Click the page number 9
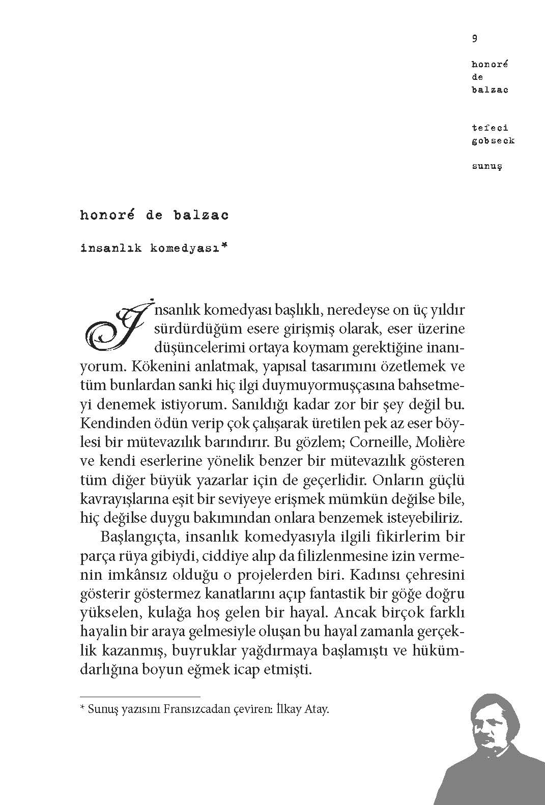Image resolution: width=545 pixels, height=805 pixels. point(474,38)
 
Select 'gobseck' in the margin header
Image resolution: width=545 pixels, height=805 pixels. point(493,141)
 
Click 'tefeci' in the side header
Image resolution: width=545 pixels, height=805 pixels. point(490,128)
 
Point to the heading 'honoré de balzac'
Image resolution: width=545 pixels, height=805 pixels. point(154,215)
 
